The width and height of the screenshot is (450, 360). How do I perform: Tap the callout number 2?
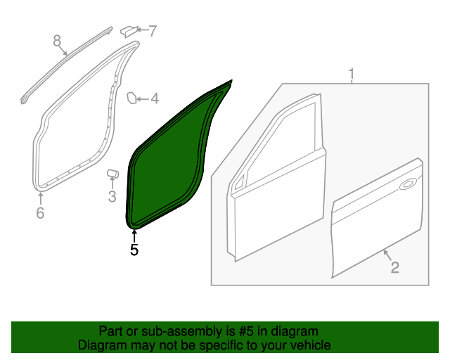coord(394,267)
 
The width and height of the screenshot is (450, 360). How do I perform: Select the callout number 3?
coord(112,197)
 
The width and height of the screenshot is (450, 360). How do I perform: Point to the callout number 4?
coord(154,99)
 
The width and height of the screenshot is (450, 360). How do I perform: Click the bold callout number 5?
coord(134,249)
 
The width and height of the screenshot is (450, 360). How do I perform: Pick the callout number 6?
coord(40,212)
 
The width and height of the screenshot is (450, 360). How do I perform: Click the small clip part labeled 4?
coord(131,98)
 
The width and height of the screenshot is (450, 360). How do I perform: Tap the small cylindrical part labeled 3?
coord(112,173)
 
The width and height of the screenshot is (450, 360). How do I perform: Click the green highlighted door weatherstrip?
coord(169,162)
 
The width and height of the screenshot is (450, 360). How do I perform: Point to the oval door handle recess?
coord(406,186)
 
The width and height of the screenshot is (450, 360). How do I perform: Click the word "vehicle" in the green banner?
coord(308,346)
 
